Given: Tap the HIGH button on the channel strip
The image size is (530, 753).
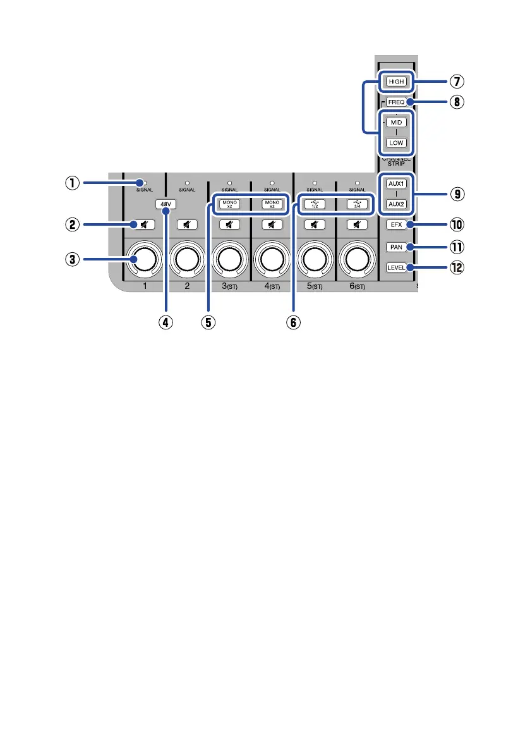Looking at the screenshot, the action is tap(396, 82).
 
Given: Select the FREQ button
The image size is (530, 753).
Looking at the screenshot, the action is tap(396, 102).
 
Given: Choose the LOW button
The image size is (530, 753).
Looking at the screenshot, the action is tap(396, 143).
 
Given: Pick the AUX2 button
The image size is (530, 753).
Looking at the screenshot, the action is tap(396, 204).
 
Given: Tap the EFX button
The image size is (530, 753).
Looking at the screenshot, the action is tap(396, 224).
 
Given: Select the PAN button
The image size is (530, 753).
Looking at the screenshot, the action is tap(396, 247).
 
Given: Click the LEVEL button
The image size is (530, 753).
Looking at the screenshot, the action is tap(396, 267).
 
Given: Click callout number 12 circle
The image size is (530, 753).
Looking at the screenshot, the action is tap(457, 267).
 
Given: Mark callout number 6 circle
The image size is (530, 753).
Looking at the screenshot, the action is tap(292, 321).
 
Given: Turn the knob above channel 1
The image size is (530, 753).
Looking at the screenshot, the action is tap(145, 258).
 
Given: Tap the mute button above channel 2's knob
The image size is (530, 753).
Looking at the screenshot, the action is tap(187, 224).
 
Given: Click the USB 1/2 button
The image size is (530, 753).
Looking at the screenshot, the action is tap(315, 204).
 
